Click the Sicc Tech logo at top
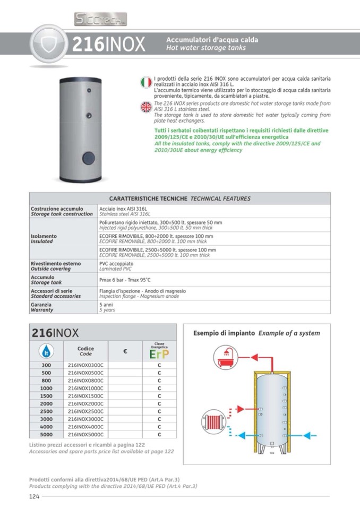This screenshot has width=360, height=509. [100, 20]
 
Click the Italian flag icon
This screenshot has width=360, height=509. [146, 82]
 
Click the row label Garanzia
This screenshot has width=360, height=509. [41, 305]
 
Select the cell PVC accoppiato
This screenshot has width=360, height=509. [116, 263]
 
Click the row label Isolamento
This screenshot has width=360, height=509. [44, 236]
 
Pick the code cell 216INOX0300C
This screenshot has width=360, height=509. [85, 365]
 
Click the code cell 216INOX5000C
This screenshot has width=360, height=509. [85, 434]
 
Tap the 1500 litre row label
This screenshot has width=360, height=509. [46, 396]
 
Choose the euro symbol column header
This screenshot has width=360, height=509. [125, 351]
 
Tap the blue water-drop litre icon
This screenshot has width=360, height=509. [46, 351]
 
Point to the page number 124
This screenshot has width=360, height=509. [35, 496]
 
